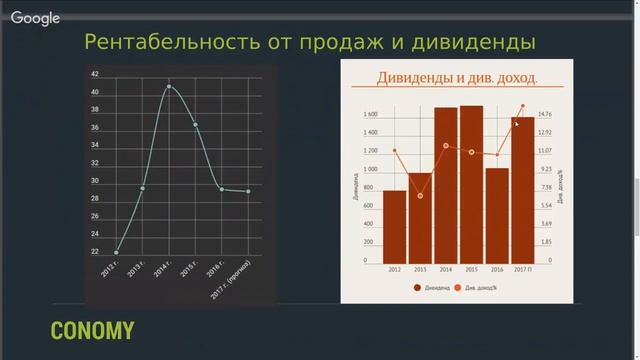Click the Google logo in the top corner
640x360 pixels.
tap(36, 17)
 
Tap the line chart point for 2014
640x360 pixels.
tap(168, 87)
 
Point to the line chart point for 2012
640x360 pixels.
tap(117, 253)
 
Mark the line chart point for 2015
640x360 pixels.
tap(196, 125)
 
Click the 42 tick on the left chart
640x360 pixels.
tap(94, 75)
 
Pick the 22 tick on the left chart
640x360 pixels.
tap(94, 251)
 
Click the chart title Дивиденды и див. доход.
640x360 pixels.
tap(457, 78)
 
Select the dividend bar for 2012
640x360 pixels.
tap(394, 226)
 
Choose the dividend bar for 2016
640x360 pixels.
tap(497, 214)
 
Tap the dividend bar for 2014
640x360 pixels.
tap(446, 185)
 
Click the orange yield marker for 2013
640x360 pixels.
tap(420, 196)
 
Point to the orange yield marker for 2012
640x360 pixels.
tap(395, 152)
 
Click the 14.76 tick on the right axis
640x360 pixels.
tap(546, 114)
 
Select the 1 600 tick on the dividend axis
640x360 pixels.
tap(371, 114)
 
